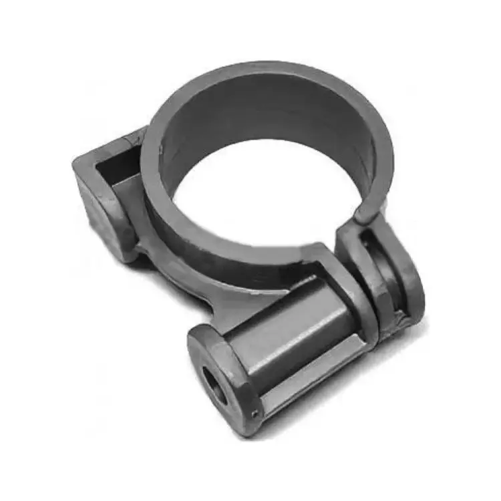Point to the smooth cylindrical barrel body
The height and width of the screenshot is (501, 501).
281,334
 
